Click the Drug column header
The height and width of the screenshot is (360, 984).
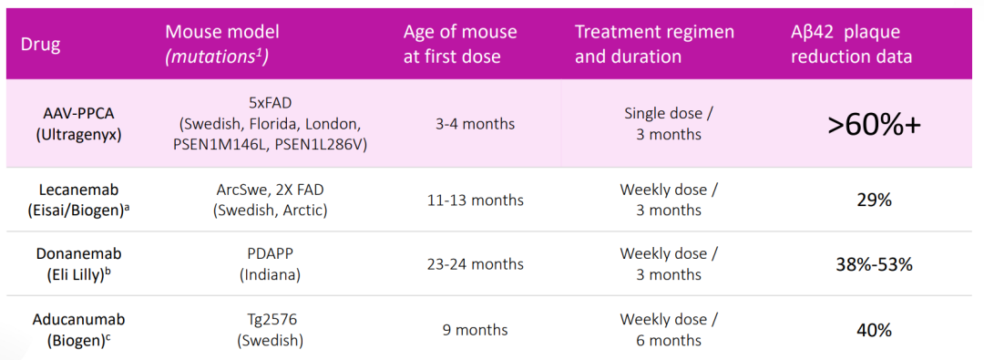pos(40,46)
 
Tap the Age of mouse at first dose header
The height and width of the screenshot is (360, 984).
pos(460,44)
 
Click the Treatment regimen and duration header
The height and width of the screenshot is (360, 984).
pos(654,44)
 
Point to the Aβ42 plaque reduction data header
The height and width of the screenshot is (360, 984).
pos(852,44)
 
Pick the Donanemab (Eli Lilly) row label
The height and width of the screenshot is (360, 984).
pos(78,264)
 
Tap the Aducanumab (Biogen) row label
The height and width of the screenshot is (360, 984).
pos(78,329)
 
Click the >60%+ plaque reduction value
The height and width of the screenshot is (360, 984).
pos(874,124)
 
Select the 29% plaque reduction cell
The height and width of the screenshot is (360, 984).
pos(873,200)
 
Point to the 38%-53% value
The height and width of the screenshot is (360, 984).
pos(873,264)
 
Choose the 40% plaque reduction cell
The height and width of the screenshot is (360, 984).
pos(873,330)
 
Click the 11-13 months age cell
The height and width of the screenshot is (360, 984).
pos(472,200)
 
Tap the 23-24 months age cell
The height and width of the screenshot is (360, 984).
pos(472,264)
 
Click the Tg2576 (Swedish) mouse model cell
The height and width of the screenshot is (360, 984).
pos(272,329)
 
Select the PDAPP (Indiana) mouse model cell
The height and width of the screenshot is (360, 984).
pos(271,264)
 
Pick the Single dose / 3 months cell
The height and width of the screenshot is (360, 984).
pos(669,124)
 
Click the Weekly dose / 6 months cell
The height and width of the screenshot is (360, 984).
pos(669,329)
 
